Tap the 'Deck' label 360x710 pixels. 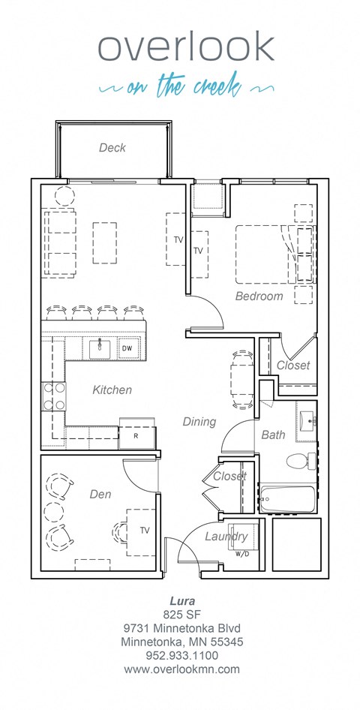(x=112, y=148)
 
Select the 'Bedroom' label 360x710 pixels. (x=259, y=296)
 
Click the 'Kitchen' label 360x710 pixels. (x=112, y=390)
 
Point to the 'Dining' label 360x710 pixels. (x=199, y=422)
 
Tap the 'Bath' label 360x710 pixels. (x=273, y=435)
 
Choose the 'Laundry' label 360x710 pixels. (x=226, y=537)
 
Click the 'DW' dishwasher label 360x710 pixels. (x=127, y=348)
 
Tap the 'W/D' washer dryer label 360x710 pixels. (x=242, y=555)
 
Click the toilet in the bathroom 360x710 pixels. (x=300, y=460)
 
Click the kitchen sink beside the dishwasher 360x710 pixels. (x=100, y=348)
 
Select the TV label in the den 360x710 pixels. (x=145, y=531)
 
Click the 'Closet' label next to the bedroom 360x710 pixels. (x=292, y=366)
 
